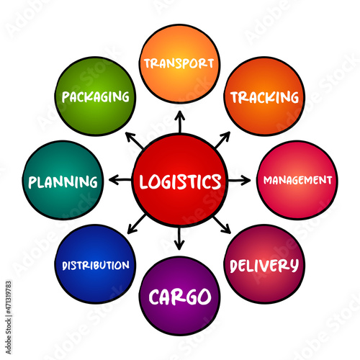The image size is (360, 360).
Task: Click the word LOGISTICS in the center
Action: (180, 181)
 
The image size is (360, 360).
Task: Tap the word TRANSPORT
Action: (179, 63)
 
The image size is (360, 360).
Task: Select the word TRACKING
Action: (265, 97)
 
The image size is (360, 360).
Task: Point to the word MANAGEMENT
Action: (298, 180)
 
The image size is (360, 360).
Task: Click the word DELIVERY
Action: (264, 266)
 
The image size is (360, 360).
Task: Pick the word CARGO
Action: (180, 297)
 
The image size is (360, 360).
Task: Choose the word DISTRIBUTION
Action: (96, 266)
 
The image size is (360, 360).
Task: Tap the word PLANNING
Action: (63, 181)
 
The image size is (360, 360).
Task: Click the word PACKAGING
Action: (96, 97)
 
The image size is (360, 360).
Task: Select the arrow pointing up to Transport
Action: (180, 122)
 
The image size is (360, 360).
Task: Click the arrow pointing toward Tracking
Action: (222, 140)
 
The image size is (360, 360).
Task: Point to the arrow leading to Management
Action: (239, 180)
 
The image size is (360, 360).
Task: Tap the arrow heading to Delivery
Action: (222, 225)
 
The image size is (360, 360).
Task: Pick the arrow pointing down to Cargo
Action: (179, 238)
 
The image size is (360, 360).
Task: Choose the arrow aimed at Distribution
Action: (137, 224)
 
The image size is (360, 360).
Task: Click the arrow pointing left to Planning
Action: (120, 180)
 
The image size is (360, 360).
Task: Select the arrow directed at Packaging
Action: (135, 140)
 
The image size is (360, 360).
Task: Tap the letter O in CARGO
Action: (204, 297)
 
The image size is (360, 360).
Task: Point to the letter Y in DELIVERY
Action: (294, 266)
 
